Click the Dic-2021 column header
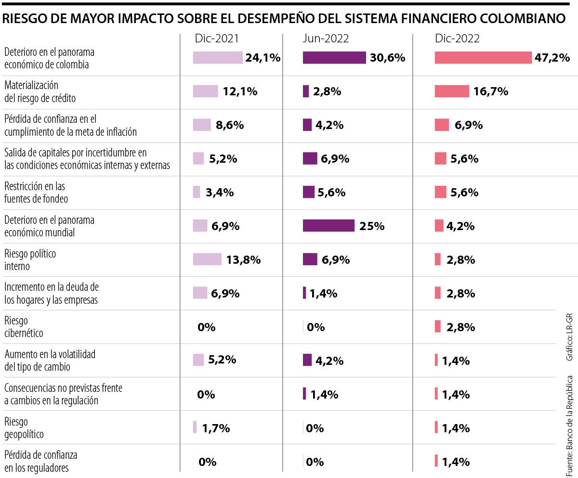tap(216, 39)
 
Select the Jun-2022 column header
tap(326, 39)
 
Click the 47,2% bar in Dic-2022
tap(483, 58)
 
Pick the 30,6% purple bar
tap(334, 58)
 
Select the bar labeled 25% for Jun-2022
tap(328, 226)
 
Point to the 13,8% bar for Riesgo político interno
tap(207, 259)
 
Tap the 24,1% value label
tap(263, 58)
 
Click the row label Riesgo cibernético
tap(24, 326)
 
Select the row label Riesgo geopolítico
tap(24, 428)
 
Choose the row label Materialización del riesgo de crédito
tap(40, 91)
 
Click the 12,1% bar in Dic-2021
tap(205, 91)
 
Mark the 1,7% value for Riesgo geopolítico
tap(215, 428)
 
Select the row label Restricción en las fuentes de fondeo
tap(36, 192)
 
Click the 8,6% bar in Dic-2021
tap(202, 125)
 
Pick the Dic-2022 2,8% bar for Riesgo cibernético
tap(437, 326)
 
